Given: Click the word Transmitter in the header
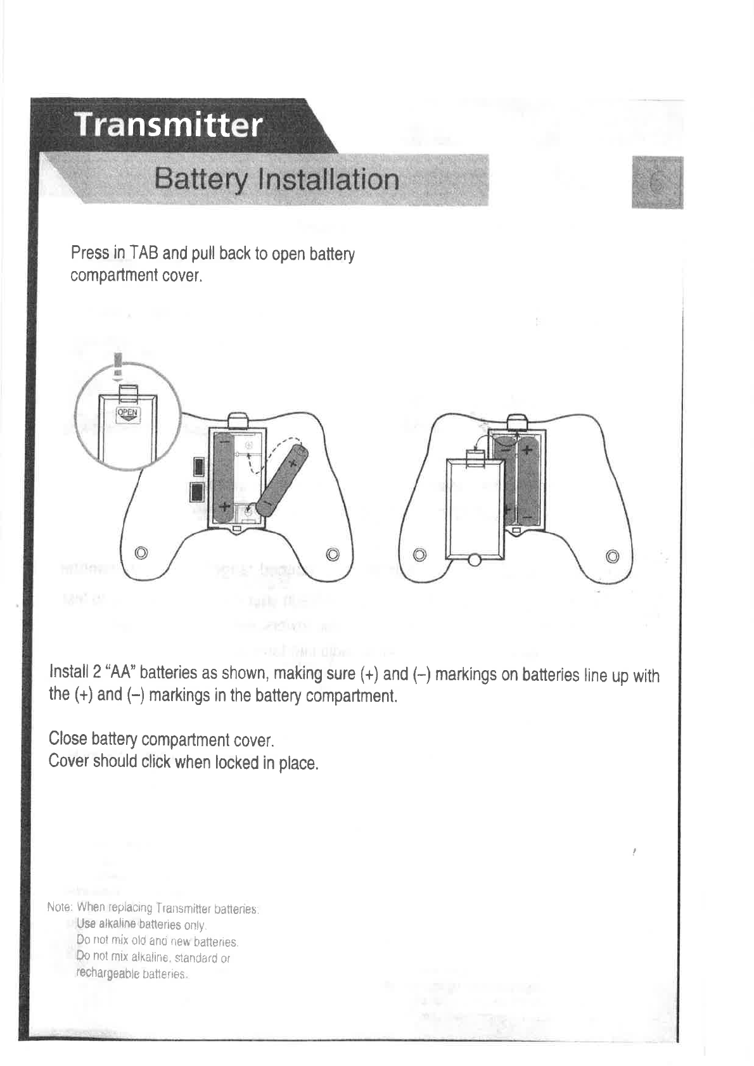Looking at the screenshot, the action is pyautogui.click(x=169, y=125).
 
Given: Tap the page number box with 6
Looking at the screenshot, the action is pyautogui.click(x=657, y=182).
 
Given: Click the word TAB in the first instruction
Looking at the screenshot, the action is pyautogui.click(x=144, y=253).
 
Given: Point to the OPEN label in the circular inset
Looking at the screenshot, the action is pyautogui.click(x=128, y=414).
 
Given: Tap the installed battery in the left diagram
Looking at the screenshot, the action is pyautogui.click(x=223, y=478).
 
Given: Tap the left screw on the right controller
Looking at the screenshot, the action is pyautogui.click(x=419, y=555).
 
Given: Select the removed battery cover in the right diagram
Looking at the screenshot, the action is pyautogui.click(x=475, y=507).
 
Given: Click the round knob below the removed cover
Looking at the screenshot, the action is pyautogui.click(x=475, y=560).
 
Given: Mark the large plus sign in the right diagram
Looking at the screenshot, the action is pyautogui.click(x=526, y=451).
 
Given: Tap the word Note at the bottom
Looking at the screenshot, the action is pyautogui.click(x=58, y=908).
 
